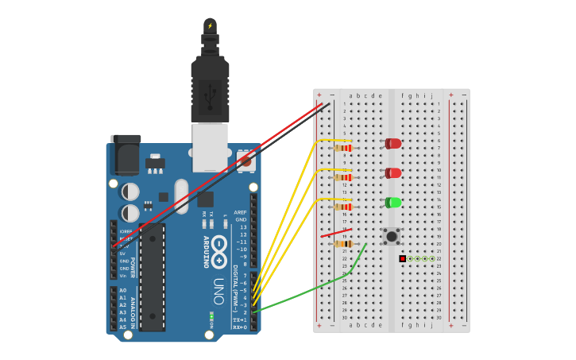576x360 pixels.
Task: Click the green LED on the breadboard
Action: coord(393,203)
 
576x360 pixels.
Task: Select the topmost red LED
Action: coord(393,144)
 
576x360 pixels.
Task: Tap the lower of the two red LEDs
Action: coord(393,173)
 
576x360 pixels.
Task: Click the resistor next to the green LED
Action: coord(343,207)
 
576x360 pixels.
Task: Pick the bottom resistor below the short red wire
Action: coord(343,244)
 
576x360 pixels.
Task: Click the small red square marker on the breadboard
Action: coord(403,258)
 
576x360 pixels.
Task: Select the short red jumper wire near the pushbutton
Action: coord(335,234)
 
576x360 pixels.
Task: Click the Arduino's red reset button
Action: coord(245,161)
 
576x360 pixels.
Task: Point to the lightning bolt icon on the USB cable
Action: coord(210,25)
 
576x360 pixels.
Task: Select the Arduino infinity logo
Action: coord(218,246)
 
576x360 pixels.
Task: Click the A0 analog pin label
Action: coord(122,291)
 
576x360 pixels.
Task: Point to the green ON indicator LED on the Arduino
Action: coord(211,315)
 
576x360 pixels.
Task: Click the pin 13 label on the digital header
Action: coord(243,227)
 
